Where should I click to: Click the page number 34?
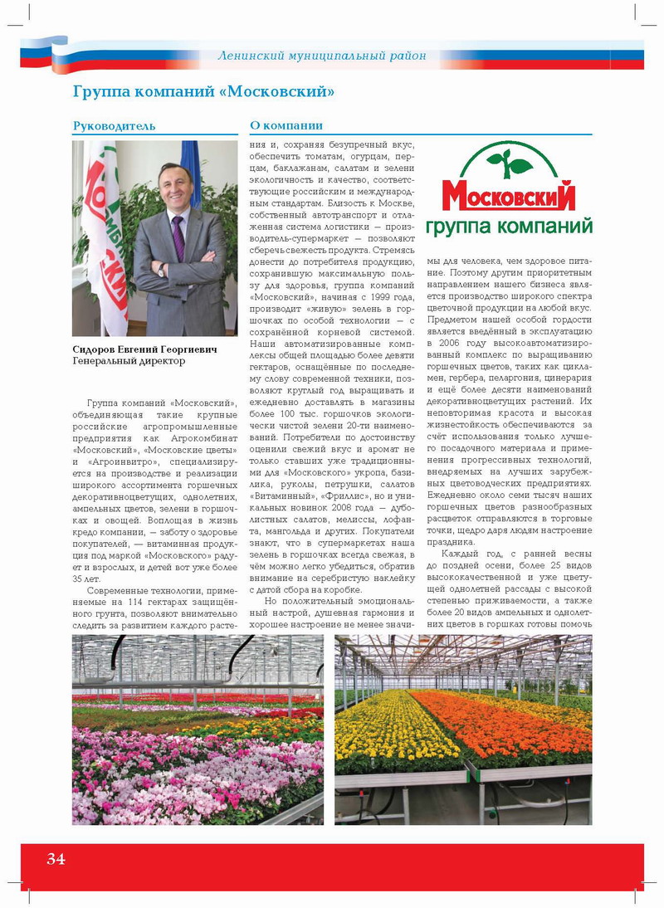pos(56,859)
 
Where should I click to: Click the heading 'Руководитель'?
pos(114,126)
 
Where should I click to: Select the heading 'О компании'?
pos(286,126)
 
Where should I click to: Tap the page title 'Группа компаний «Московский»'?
pos(203,91)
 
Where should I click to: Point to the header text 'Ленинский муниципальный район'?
pos(322,56)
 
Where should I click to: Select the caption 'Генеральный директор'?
pos(129,362)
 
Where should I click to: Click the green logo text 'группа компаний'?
pos(509,226)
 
